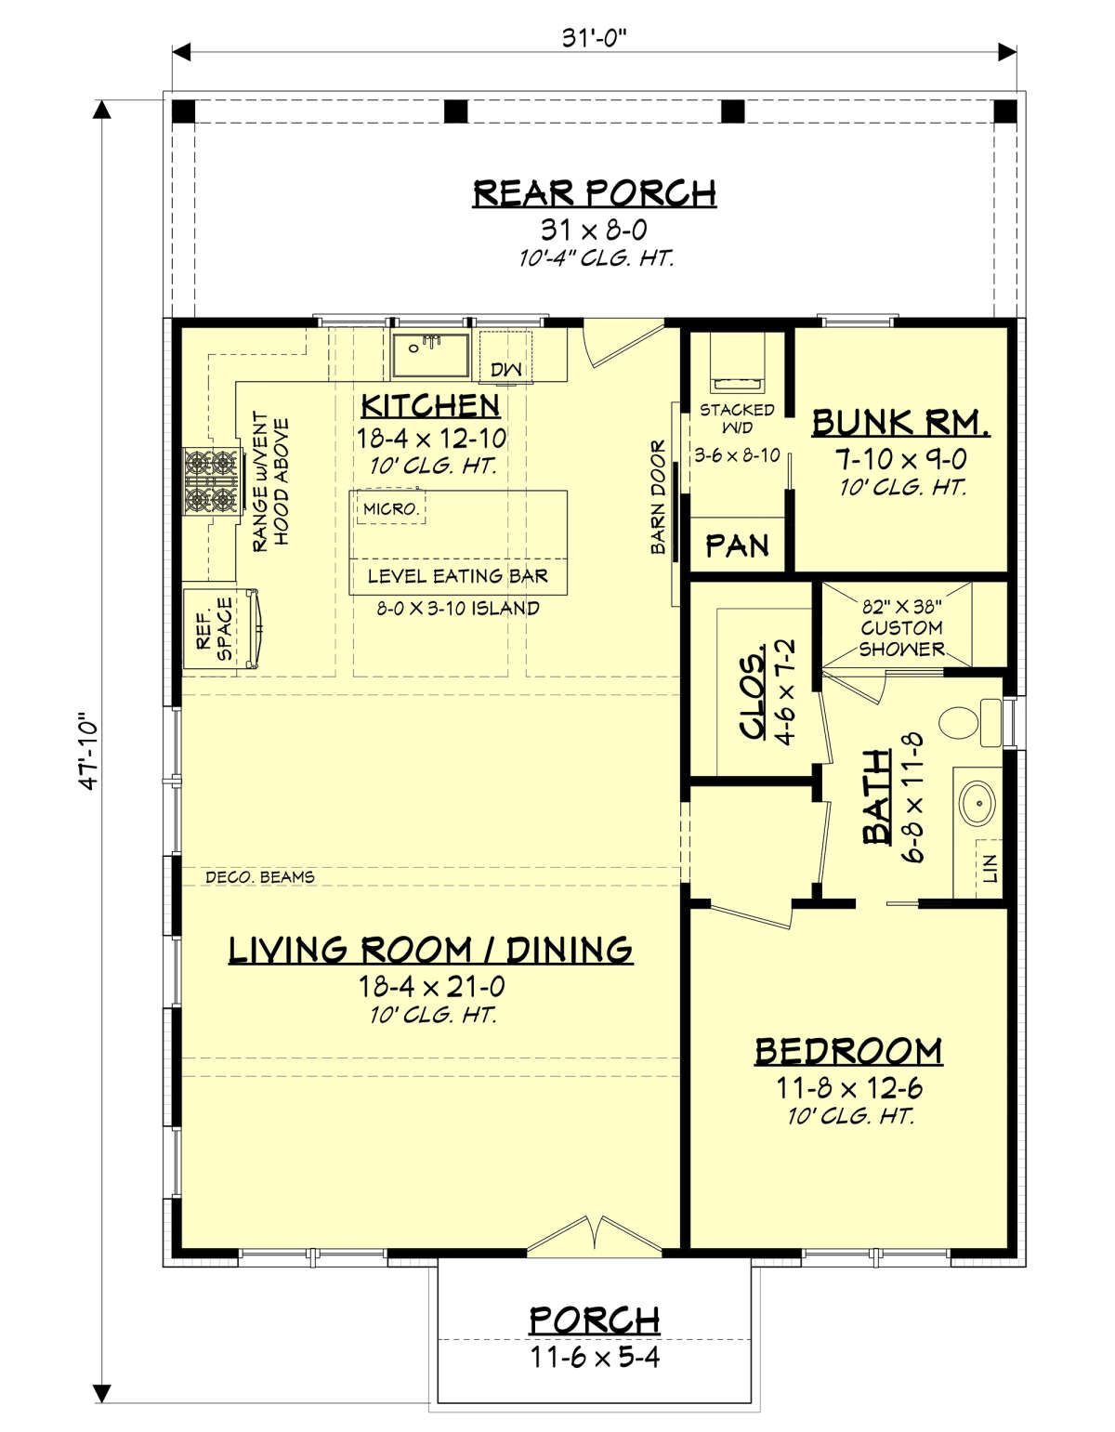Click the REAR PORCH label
tap(594, 193)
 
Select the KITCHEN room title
tap(431, 406)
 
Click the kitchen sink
tap(431, 355)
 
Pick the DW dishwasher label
tap(505, 370)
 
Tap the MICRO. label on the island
tap(391, 508)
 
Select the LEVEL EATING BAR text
tap(458, 576)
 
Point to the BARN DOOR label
tap(658, 497)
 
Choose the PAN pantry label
tap(737, 545)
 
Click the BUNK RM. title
tap(900, 423)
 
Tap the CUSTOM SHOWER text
tap(902, 638)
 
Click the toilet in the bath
tap(969, 723)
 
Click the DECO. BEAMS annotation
tap(260, 877)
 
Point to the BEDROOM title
tap(848, 1052)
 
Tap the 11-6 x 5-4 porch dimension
tap(595, 1357)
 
